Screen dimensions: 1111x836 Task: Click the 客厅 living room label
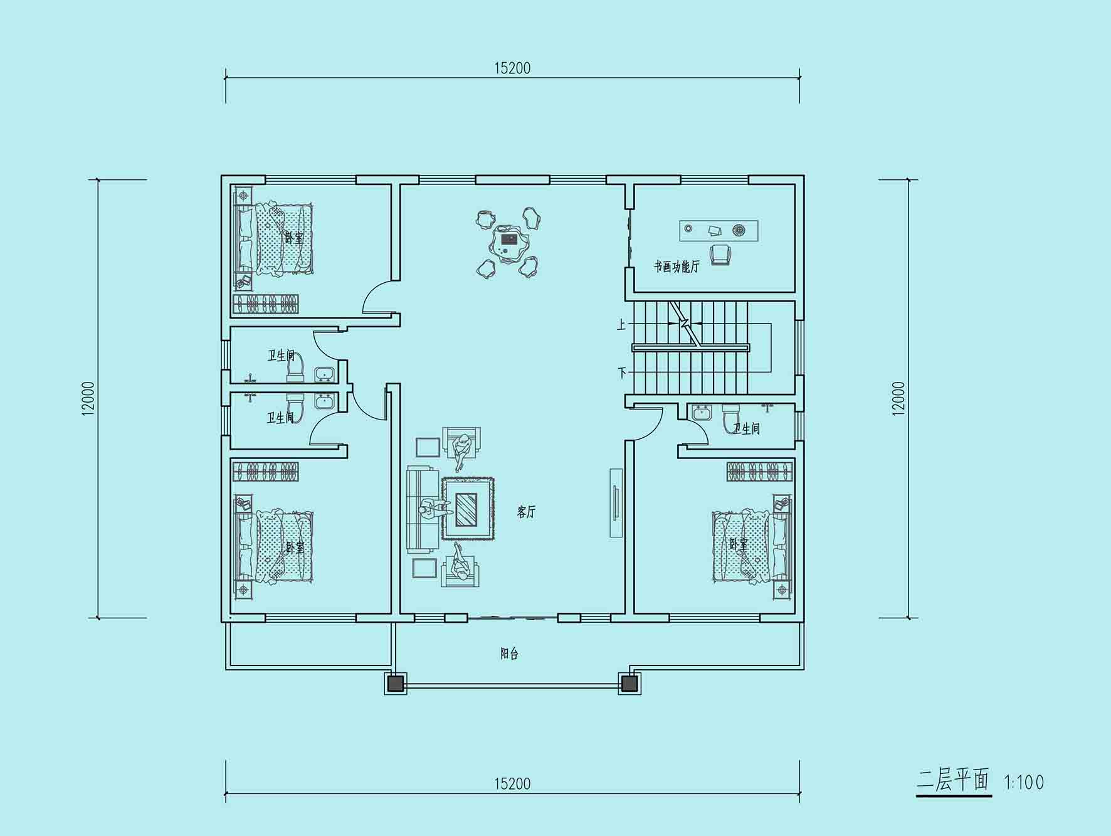(x=527, y=512)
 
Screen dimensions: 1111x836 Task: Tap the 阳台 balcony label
(x=509, y=653)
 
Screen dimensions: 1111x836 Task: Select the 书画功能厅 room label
(x=677, y=267)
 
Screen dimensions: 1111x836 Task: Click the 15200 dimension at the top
(x=512, y=68)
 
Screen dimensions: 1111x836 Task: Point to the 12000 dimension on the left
(x=88, y=398)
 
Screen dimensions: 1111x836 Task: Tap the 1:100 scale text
(x=1024, y=782)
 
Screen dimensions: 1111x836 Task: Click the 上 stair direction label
(x=621, y=324)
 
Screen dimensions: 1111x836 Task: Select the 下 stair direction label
(x=622, y=373)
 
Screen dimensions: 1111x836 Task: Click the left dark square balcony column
(x=395, y=683)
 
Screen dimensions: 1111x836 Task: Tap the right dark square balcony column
(x=629, y=683)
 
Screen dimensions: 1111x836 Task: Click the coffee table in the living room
(x=466, y=509)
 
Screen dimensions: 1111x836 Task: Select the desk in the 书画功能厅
(x=719, y=230)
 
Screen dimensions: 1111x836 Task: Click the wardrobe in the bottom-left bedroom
(x=265, y=472)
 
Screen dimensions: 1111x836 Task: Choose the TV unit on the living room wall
(x=616, y=502)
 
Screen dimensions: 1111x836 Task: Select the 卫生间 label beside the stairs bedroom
(x=747, y=428)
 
